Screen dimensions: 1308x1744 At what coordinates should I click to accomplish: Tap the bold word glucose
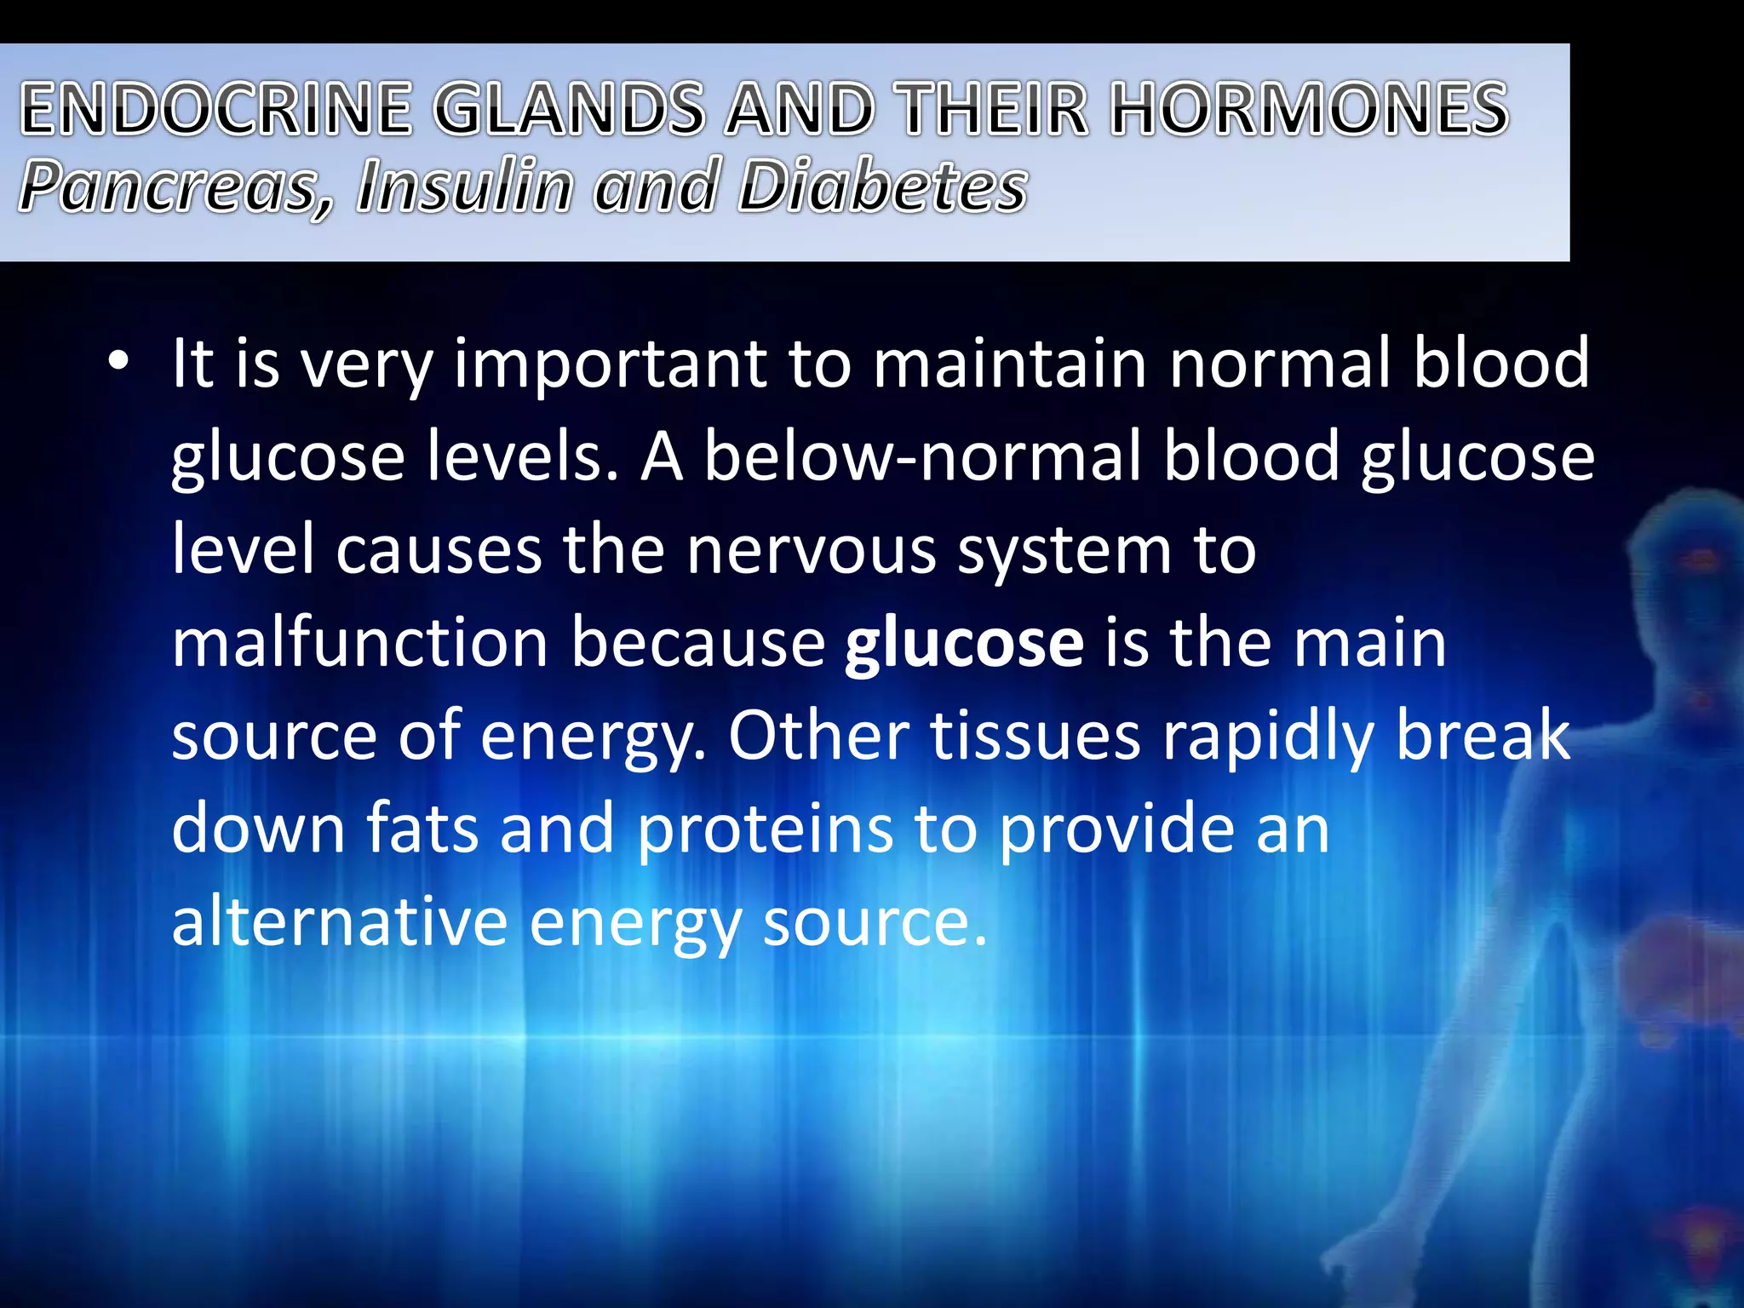pyautogui.click(x=964, y=644)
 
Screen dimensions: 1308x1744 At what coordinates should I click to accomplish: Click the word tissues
pyautogui.click(x=1035, y=736)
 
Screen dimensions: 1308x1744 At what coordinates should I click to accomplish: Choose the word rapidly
pyautogui.click(x=1268, y=737)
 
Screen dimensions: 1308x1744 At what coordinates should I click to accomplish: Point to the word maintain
pyautogui.click(x=1010, y=364)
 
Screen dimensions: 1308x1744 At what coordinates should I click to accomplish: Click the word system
pyautogui.click(x=1064, y=552)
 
